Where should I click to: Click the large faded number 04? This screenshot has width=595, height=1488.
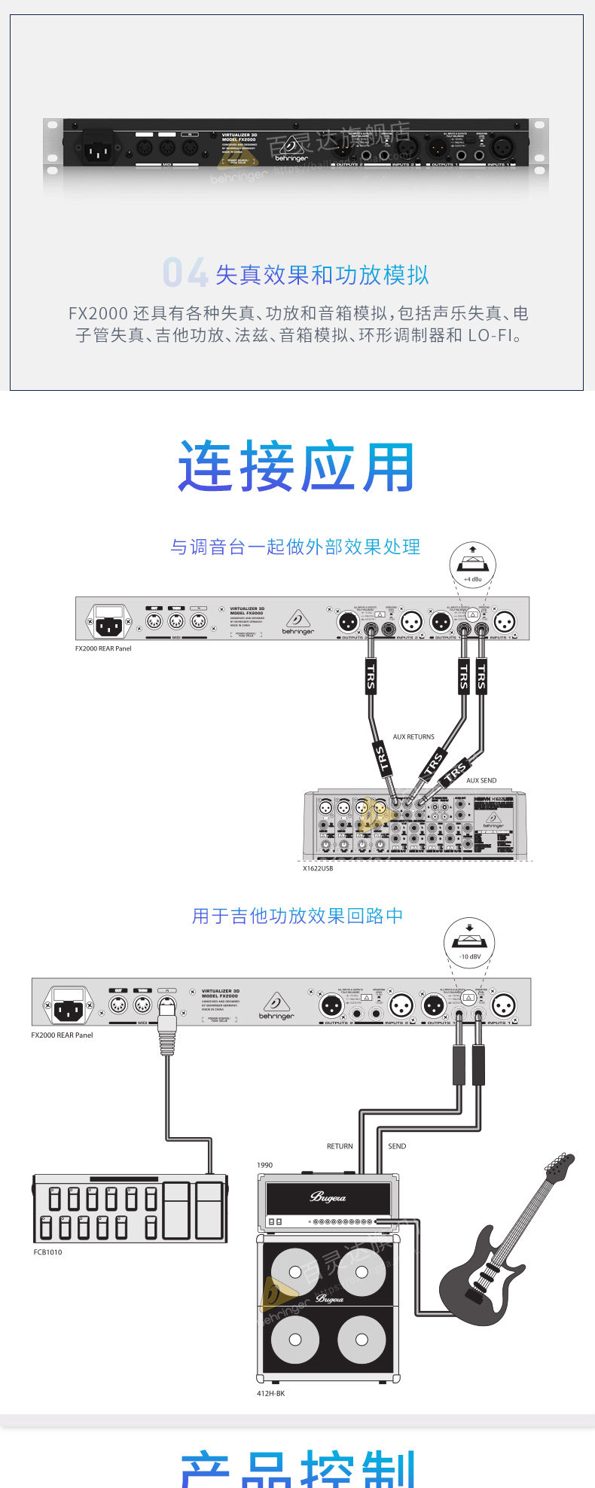point(185,273)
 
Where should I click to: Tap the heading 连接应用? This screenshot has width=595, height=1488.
point(297,467)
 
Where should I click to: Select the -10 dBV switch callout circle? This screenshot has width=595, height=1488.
point(469,943)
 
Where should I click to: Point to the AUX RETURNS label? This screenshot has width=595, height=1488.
point(413,736)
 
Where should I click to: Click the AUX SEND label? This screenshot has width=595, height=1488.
point(481,780)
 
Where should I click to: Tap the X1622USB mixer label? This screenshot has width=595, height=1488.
point(318,868)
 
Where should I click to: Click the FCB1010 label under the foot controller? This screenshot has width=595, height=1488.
point(47,1252)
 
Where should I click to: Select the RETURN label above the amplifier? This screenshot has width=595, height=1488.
point(340,1146)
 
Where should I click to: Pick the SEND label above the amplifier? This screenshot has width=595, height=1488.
point(397,1146)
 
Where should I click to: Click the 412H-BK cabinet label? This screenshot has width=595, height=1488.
point(271,1393)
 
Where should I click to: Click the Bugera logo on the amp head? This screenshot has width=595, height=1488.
point(328,1197)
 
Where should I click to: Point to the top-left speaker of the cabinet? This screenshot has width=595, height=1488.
point(295,1272)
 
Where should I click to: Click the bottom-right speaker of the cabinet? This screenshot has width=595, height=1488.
point(362,1340)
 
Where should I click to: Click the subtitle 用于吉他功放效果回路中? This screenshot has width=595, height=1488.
point(297,916)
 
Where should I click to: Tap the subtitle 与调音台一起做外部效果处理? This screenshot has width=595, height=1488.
point(295,547)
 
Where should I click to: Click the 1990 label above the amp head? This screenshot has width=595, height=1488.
point(264,1165)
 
